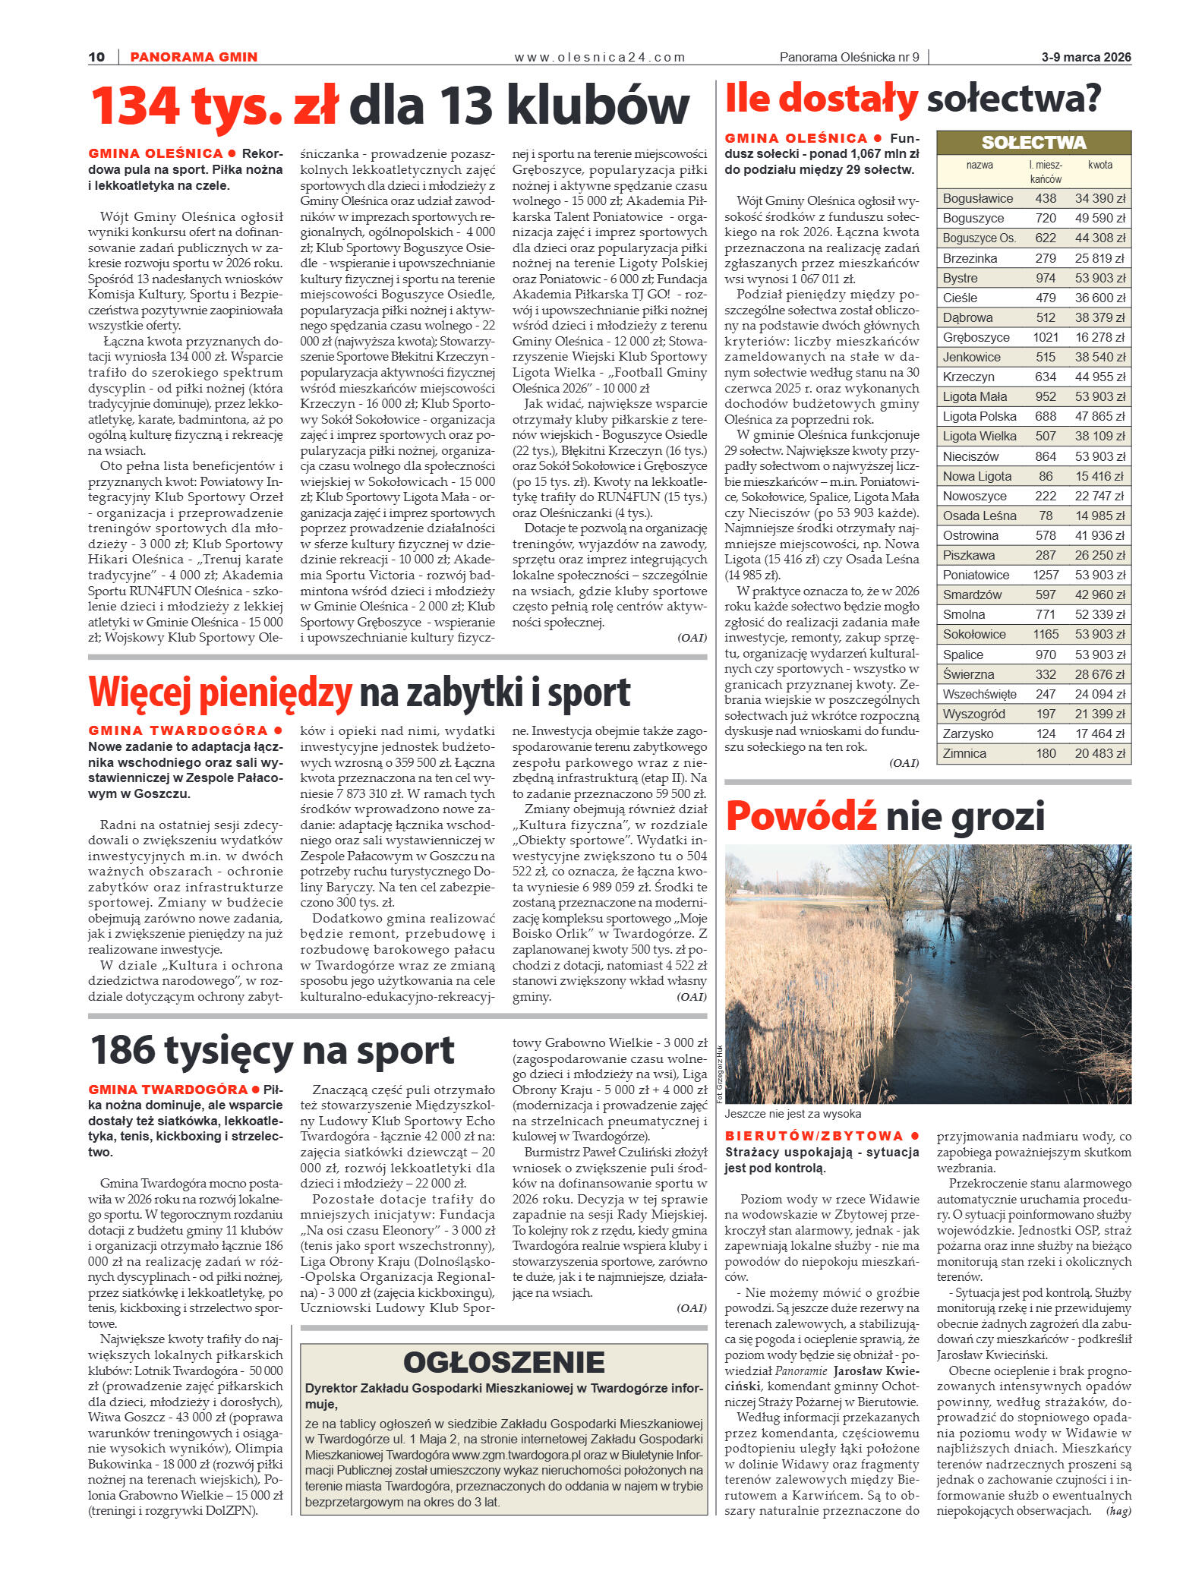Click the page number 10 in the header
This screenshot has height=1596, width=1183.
point(96,57)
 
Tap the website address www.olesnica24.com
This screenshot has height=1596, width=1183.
point(599,57)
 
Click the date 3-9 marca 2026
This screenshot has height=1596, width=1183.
point(1086,57)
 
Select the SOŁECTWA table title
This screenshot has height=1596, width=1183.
point(1033,143)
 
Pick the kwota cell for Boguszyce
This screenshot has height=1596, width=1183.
point(1099,218)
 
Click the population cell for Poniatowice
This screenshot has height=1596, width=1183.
point(1046,575)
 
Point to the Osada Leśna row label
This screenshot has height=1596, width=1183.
point(979,516)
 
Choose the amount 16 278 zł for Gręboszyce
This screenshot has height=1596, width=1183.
point(1099,337)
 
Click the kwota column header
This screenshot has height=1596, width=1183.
point(1099,165)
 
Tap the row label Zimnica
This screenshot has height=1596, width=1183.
point(964,753)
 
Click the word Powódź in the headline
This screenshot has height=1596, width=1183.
point(800,816)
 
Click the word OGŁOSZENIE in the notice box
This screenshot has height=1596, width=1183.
point(503,1362)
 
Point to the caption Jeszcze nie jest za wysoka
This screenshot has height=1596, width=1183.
point(793,1114)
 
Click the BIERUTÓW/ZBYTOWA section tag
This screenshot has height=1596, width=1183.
point(814,1136)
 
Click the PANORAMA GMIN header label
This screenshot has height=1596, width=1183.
point(194,57)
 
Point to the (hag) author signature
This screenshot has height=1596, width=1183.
point(1118,1511)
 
